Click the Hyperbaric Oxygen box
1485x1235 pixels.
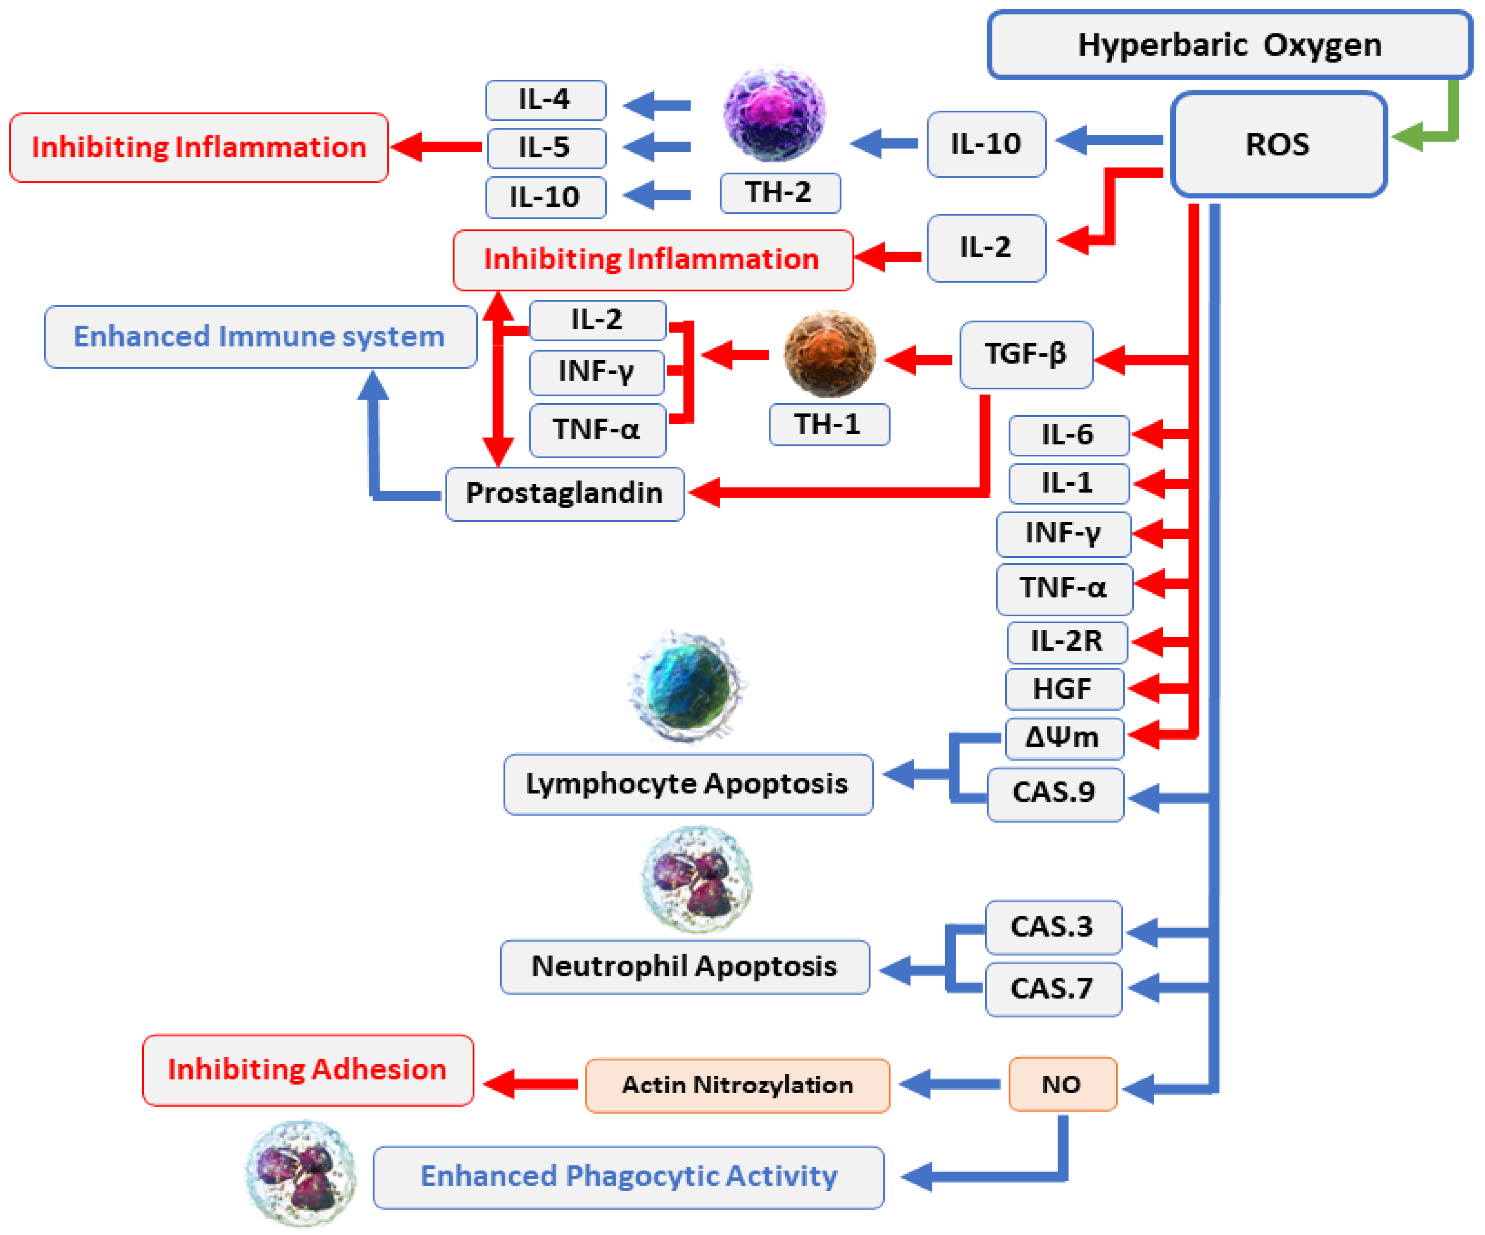click(1229, 45)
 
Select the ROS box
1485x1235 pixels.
click(1278, 144)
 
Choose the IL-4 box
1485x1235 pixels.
click(545, 100)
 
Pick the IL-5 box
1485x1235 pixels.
click(545, 148)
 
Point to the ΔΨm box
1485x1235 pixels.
click(1063, 738)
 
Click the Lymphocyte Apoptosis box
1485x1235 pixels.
click(687, 784)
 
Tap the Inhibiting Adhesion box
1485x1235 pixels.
click(308, 1069)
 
